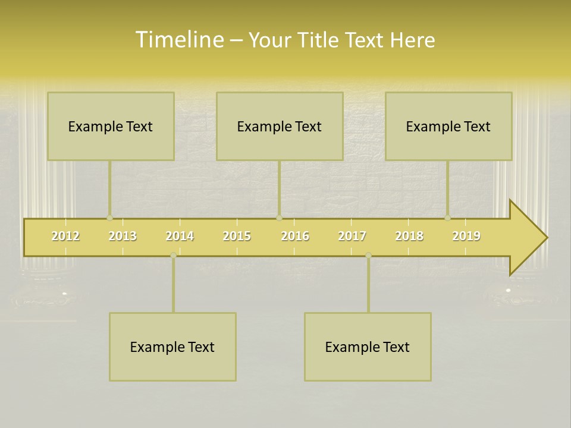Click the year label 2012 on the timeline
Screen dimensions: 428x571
click(65, 236)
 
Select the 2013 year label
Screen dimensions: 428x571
click(123, 236)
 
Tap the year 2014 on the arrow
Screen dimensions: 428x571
click(180, 236)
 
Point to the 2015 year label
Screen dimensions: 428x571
click(237, 236)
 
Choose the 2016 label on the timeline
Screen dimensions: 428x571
click(295, 236)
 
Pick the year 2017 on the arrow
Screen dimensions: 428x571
click(352, 236)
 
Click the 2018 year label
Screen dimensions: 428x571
click(409, 236)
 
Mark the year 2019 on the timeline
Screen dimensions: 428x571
click(466, 236)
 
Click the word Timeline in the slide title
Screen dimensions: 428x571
click(178, 40)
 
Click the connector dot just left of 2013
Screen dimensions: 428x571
click(109, 218)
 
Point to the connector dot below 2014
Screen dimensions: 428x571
click(173, 256)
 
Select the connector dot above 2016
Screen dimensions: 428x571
click(279, 218)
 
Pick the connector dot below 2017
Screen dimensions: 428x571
click(368, 256)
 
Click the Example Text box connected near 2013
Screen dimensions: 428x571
click(111, 127)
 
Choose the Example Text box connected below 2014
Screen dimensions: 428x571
click(172, 347)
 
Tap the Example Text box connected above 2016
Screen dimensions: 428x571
click(280, 127)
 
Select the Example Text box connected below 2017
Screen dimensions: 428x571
click(368, 347)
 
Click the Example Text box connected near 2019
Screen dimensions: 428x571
click(448, 127)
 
